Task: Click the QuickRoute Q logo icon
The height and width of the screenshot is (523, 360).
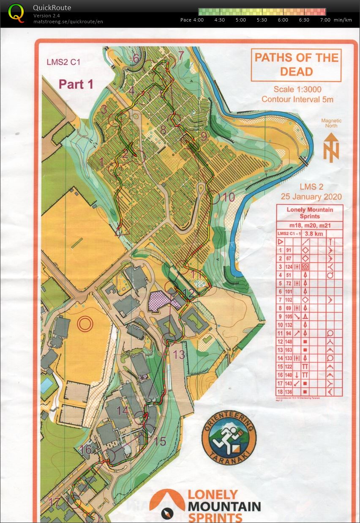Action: [16, 13]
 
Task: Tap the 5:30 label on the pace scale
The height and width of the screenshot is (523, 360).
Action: [262, 20]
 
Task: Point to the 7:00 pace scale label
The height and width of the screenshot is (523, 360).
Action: [325, 20]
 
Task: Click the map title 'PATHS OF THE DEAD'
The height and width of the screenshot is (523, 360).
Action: [296, 65]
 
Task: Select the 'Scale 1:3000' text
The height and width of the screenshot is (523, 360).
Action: [297, 89]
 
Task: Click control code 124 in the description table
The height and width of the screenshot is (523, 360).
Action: [289, 266]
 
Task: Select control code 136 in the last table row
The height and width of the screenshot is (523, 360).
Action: [289, 391]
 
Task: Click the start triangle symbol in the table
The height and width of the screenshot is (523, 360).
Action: [280, 241]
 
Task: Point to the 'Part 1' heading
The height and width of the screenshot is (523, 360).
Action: [76, 84]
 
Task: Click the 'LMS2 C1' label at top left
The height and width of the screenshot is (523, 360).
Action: [63, 62]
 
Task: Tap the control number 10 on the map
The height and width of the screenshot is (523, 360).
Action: [229, 197]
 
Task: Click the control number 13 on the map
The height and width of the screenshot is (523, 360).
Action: [180, 354]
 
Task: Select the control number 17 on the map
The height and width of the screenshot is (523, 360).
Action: [55, 503]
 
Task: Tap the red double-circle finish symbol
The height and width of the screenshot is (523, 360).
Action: [85, 324]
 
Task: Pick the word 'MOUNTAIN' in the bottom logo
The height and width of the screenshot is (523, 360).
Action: [224, 506]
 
